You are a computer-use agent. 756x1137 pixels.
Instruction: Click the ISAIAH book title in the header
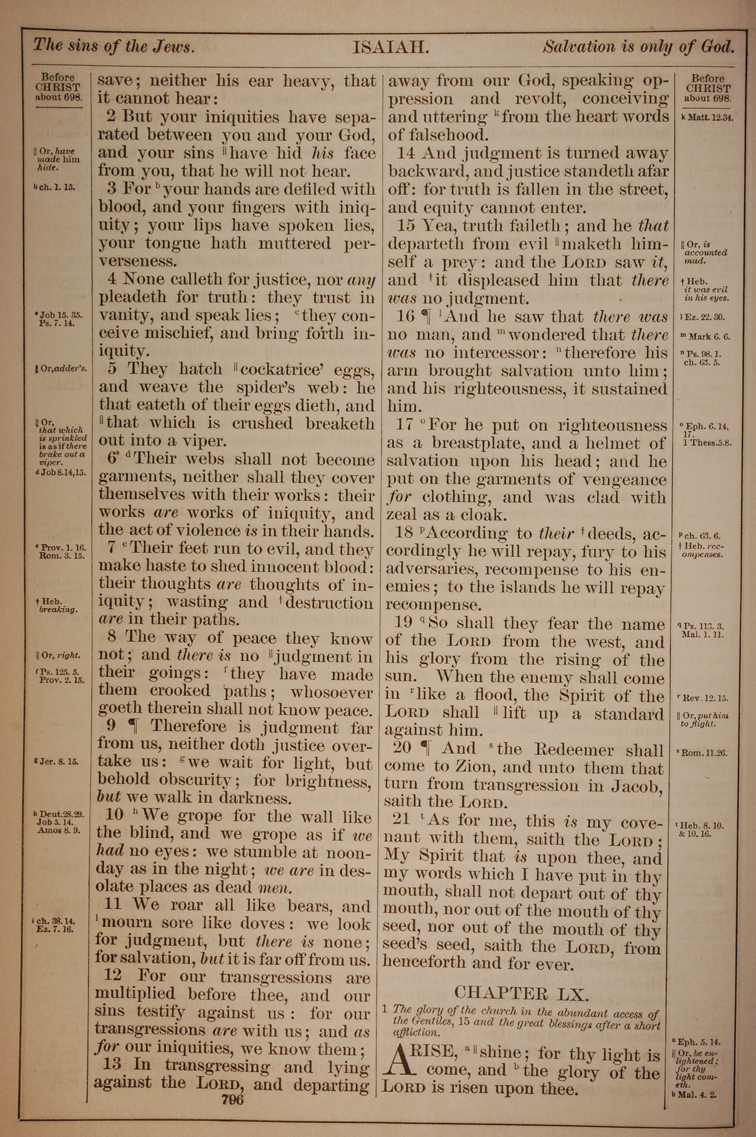coord(390,48)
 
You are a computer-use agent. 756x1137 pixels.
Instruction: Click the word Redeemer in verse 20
coord(574,750)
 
